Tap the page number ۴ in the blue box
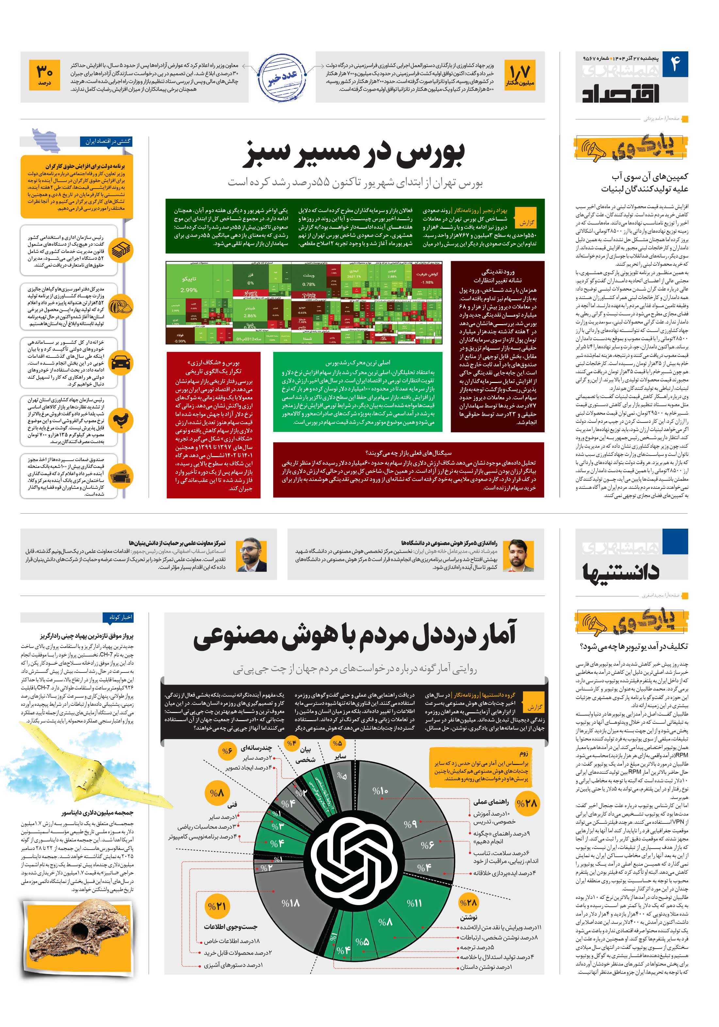click(x=675, y=64)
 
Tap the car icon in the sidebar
click(x=121, y=361)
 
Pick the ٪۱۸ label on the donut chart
click(x=290, y=903)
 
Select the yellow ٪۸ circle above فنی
click(x=217, y=793)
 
